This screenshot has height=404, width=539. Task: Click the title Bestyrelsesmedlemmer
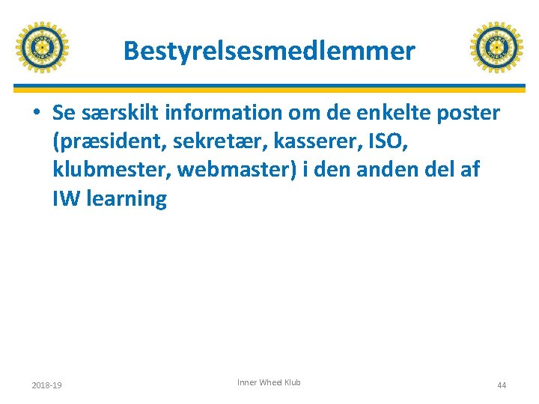[269, 51]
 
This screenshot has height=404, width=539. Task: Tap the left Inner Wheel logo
[42, 48]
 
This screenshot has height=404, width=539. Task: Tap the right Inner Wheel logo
[496, 48]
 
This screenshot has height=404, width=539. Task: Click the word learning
[127, 200]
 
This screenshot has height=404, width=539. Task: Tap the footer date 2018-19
[46, 385]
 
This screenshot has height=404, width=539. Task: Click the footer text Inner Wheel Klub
[269, 382]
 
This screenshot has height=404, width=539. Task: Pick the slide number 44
[502, 385]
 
